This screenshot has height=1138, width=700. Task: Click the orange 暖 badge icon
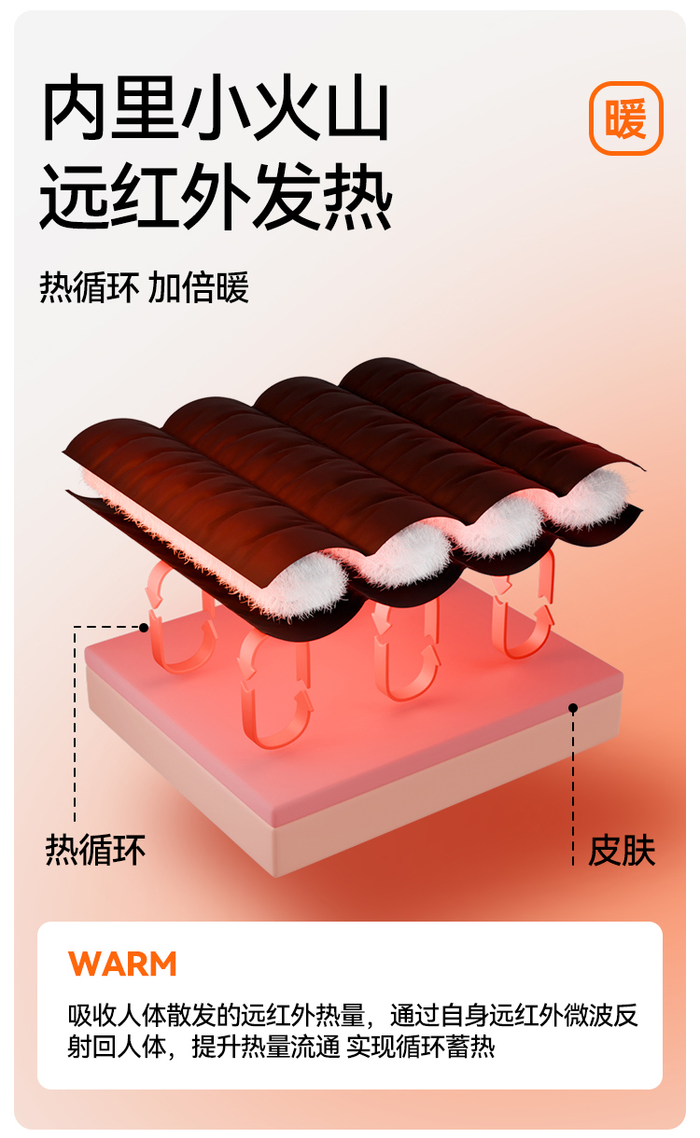[625, 118]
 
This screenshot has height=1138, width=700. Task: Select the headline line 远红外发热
[216, 199]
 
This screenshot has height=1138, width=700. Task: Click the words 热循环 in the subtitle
[90, 287]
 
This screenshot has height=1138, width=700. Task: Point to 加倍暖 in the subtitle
[198, 287]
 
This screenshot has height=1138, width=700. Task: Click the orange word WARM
[122, 964]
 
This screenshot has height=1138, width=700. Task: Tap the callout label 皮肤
[622, 852]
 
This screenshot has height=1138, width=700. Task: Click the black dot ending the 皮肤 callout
[573, 709]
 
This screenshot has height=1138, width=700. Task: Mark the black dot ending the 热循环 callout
[144, 628]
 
